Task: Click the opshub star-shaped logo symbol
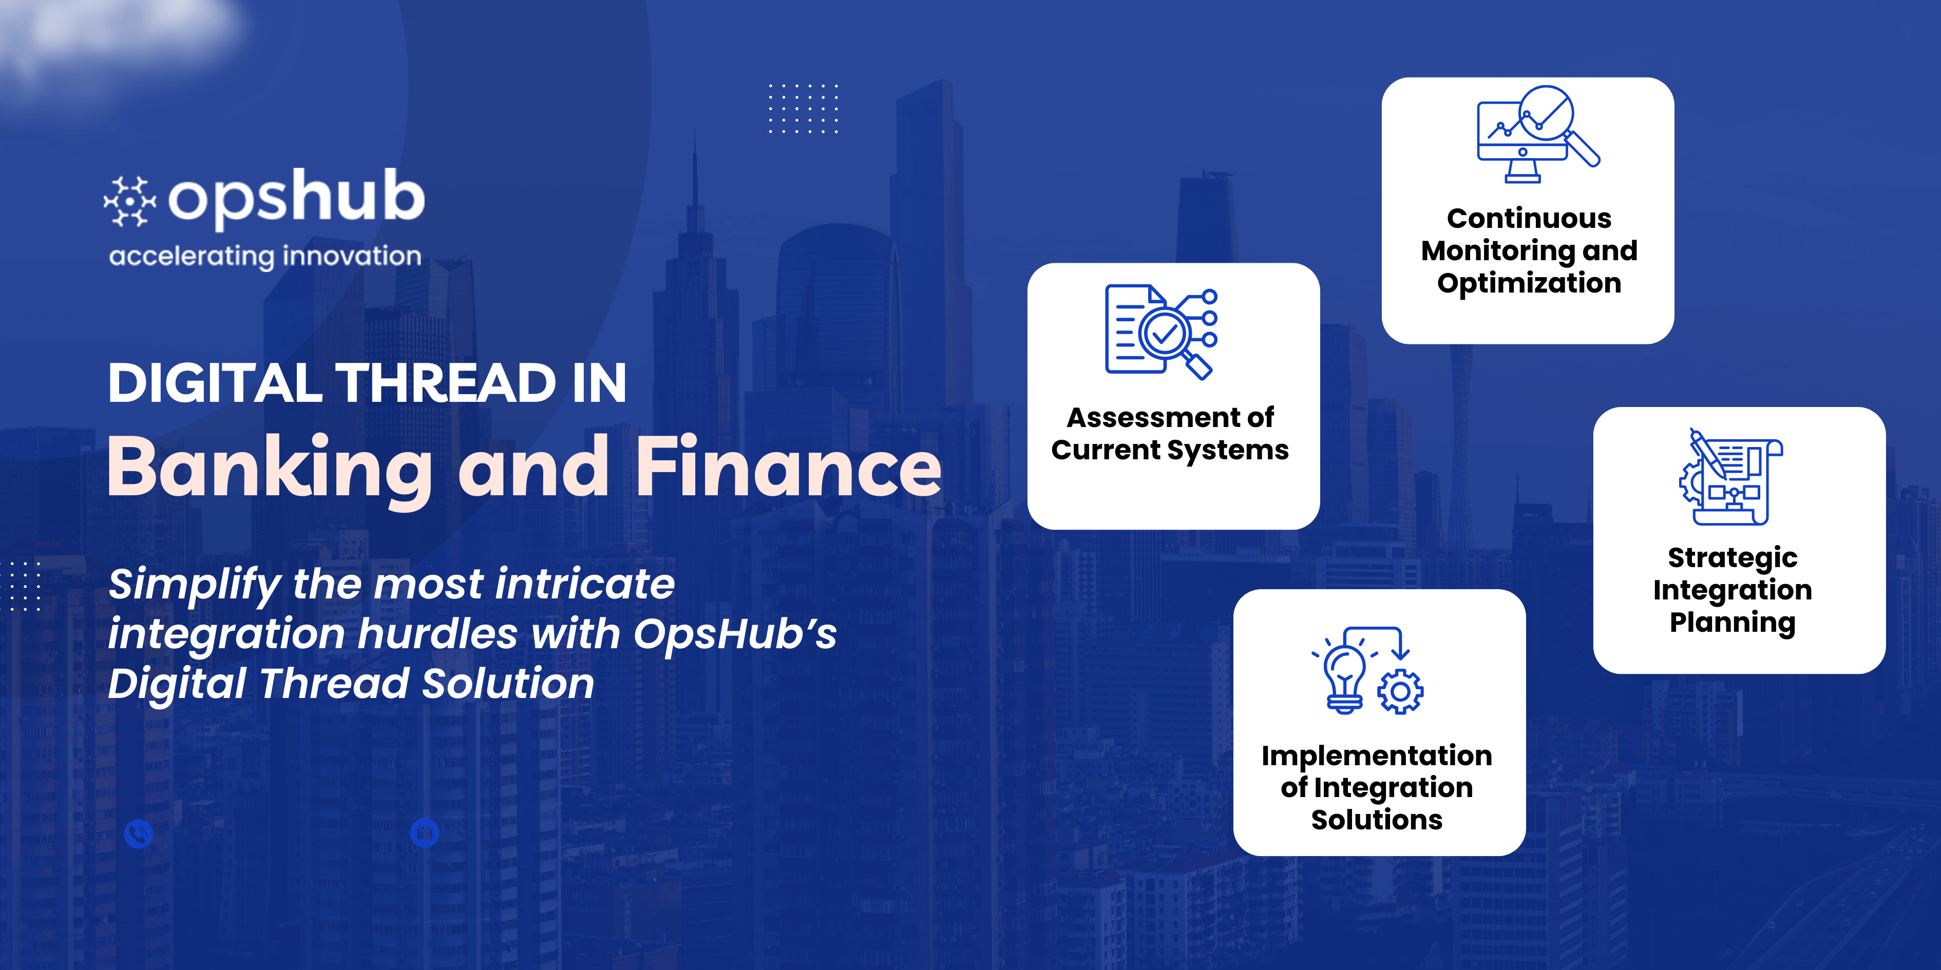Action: (x=129, y=201)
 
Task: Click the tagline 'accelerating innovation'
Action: (x=265, y=256)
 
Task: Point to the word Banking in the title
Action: (x=270, y=469)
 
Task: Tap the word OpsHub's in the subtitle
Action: (x=735, y=633)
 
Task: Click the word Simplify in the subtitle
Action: (x=195, y=585)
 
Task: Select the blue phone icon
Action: (x=139, y=833)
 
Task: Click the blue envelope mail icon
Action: (x=424, y=833)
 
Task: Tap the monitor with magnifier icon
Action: (x=1537, y=134)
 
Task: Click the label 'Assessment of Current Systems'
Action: (x=1170, y=433)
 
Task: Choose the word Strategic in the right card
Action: (x=1733, y=558)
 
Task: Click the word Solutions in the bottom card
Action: (x=1377, y=820)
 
